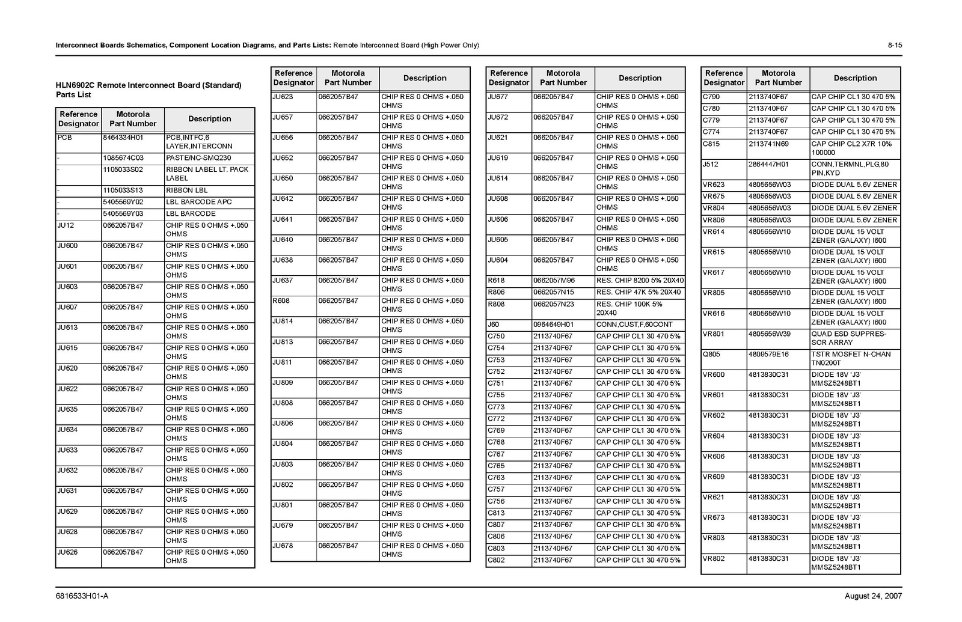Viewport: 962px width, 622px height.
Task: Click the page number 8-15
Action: [x=895, y=45]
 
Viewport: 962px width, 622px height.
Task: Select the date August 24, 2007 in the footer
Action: [x=873, y=596]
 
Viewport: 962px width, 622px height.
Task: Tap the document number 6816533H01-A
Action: [x=82, y=596]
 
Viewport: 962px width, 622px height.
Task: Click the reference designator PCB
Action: [x=64, y=138]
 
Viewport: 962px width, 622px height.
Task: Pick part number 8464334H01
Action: [x=123, y=138]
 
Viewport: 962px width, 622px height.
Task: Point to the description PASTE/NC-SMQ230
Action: [x=198, y=158]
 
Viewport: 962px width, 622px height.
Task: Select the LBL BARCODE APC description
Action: [x=198, y=202]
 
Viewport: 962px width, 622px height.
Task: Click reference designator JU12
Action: [x=66, y=225]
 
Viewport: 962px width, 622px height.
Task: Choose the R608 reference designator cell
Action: [x=281, y=300]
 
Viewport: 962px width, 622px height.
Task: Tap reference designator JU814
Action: [x=283, y=321]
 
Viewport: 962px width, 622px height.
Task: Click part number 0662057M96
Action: [x=554, y=281]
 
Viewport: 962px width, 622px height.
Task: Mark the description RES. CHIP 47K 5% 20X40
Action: [x=639, y=292]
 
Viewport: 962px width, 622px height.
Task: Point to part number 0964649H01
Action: [x=553, y=325]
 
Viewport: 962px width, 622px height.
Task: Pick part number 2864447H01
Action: [x=768, y=164]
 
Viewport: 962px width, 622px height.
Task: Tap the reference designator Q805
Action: [x=711, y=355]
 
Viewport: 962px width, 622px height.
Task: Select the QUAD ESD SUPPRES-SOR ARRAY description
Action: [x=848, y=338]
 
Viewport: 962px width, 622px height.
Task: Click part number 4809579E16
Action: [x=768, y=355]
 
